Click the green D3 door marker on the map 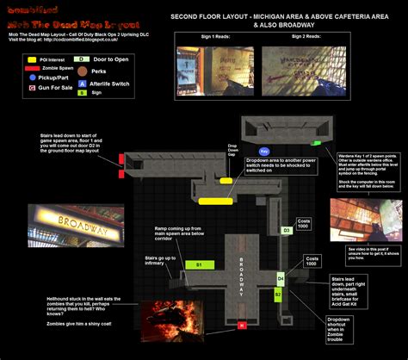(x=287, y=231)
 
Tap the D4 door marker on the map (x=281, y=279)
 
